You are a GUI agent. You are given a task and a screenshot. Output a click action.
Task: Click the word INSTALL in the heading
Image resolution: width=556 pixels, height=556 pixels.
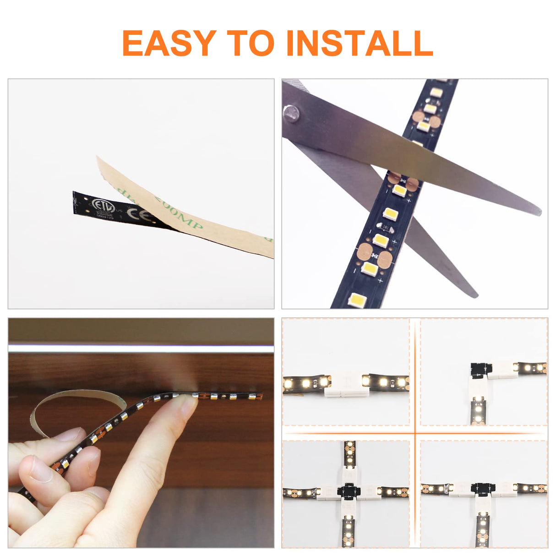(360, 43)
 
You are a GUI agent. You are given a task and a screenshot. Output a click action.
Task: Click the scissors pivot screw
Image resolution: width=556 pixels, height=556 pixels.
(291, 113)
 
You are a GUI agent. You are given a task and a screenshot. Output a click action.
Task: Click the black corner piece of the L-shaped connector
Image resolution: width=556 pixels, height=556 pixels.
(480, 369)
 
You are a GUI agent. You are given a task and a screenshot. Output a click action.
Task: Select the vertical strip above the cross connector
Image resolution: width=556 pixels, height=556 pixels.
(349, 456)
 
